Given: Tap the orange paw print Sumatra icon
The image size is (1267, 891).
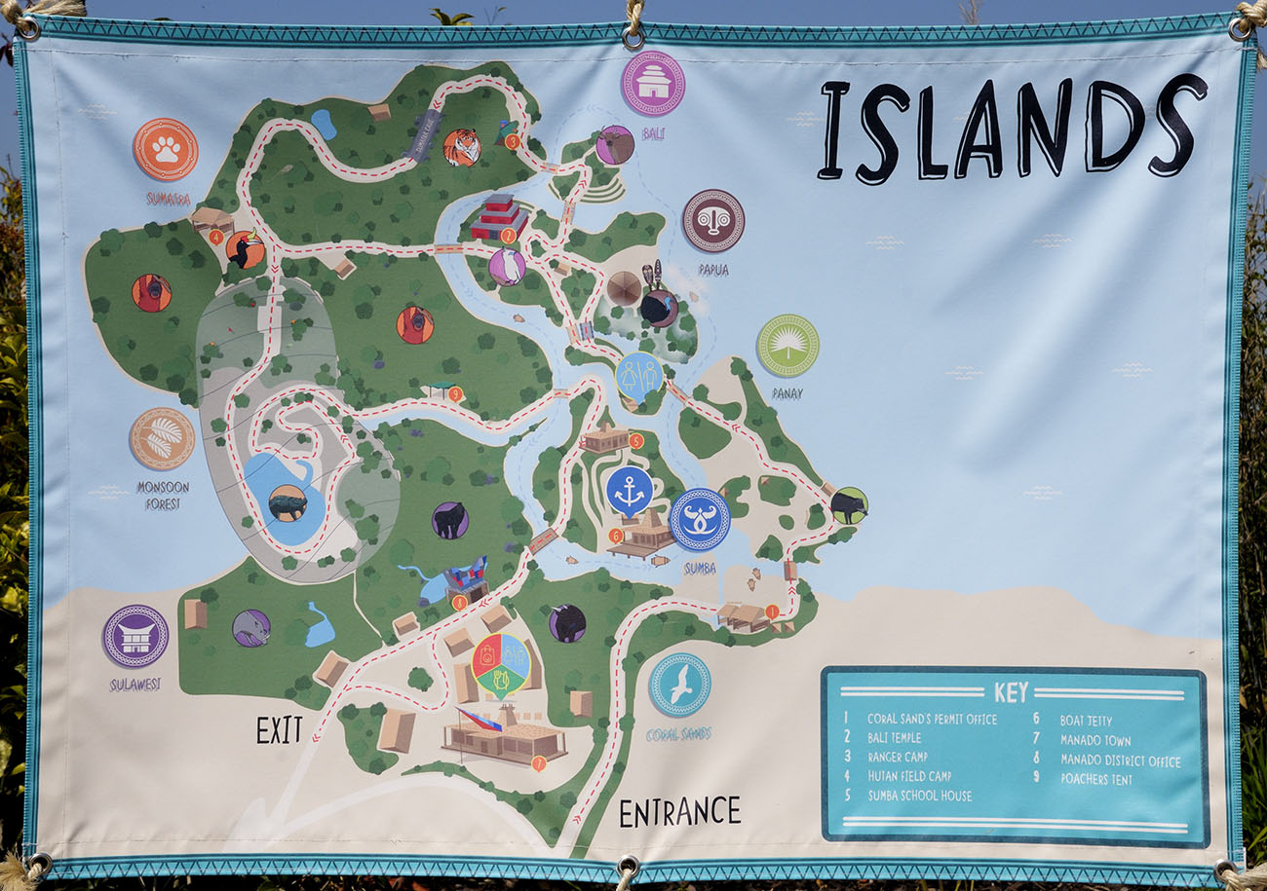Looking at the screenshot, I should tap(166, 149).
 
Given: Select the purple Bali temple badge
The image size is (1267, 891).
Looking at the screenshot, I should tap(653, 83).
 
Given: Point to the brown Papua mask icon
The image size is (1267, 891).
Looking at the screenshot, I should tap(712, 221).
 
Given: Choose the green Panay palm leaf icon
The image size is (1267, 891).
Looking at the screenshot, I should tap(787, 346).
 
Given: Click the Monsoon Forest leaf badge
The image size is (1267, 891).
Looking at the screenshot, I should tap(162, 439).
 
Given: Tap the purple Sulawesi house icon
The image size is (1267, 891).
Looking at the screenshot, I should tap(135, 636).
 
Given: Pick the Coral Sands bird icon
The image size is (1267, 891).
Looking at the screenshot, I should tap(679, 685).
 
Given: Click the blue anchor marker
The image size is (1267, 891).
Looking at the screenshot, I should tap(629, 490).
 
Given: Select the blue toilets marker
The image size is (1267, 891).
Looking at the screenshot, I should tap(639, 375).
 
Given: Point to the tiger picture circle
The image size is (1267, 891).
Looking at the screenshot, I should tap(461, 148).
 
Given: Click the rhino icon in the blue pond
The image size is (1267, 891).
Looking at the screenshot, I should tap(288, 502).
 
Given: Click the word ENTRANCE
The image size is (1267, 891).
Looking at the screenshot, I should tap(679, 811).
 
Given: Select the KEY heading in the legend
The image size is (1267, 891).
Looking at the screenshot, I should tap(1011, 692).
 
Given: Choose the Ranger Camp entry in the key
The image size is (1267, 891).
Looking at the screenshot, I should tap(897, 757).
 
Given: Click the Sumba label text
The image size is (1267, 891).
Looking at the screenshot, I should tap(700, 569).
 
